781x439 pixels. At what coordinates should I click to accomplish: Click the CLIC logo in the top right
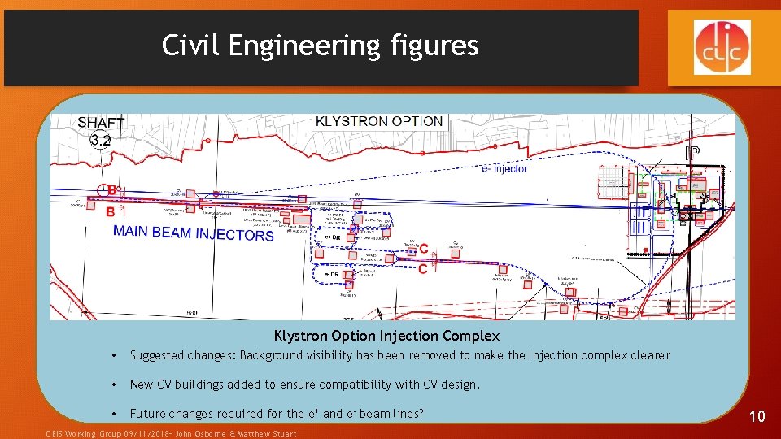coord(722,46)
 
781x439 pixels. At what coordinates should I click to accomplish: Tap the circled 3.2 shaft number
coord(100,141)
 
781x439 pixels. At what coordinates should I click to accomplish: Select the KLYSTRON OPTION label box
coord(379,121)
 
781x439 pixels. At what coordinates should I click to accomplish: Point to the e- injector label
coord(504,168)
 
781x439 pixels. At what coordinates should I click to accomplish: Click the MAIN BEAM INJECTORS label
coord(194,234)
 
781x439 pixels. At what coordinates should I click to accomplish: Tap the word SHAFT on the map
coord(101,123)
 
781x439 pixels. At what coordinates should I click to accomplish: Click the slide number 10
coord(757,416)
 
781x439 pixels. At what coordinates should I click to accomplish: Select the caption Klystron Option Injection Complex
coord(386,335)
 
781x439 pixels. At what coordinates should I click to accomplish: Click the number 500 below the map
coord(192,313)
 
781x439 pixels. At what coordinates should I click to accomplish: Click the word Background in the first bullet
coord(273,355)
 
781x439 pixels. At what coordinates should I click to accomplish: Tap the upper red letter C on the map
coord(424,250)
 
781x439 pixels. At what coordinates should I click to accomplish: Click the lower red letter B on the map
coord(111,211)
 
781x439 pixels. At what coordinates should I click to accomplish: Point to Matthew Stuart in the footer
coord(269,433)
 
